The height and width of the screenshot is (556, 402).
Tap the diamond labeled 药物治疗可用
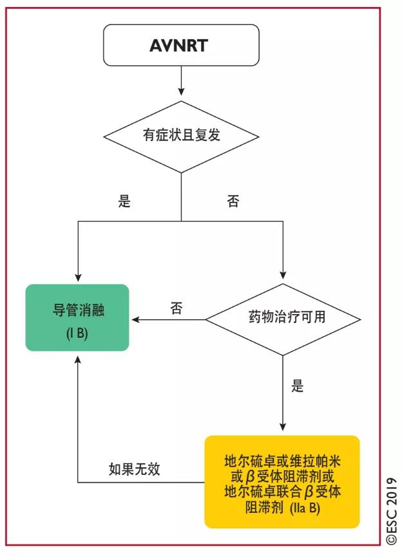click(x=283, y=319)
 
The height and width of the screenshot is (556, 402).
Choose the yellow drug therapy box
click(x=282, y=481)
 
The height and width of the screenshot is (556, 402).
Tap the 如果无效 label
click(x=134, y=469)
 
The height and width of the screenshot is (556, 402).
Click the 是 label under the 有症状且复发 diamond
click(x=124, y=201)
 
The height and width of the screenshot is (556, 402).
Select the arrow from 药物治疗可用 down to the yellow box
click(x=283, y=393)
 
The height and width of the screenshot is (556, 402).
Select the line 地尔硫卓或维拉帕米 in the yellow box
click(x=282, y=462)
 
